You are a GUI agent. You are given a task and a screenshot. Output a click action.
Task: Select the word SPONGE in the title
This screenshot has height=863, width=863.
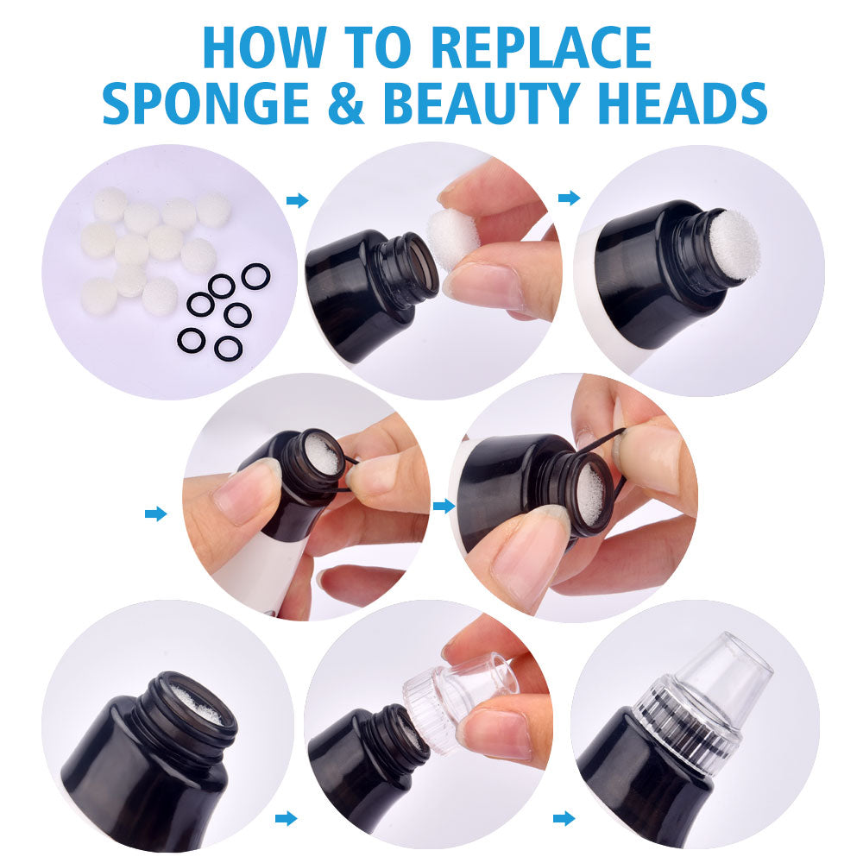[208, 103]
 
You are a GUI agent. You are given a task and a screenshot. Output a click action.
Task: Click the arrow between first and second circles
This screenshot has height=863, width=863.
[297, 200]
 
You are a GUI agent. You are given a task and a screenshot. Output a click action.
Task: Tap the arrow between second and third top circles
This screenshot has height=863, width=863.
[569, 198]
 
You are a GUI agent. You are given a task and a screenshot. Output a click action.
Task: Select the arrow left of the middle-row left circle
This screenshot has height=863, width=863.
[155, 513]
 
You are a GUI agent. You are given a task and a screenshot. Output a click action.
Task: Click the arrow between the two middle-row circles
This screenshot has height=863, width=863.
[444, 506]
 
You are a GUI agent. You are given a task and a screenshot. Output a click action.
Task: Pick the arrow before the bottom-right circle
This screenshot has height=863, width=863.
[564, 817]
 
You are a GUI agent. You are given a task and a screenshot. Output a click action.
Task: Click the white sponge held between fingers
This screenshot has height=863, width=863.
[453, 237]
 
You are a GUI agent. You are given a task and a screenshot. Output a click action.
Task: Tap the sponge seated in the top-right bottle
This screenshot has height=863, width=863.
[734, 244]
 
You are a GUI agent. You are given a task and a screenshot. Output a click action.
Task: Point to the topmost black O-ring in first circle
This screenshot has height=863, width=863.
[255, 276]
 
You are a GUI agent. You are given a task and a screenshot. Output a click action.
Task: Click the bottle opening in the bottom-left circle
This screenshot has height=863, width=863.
[196, 705]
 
